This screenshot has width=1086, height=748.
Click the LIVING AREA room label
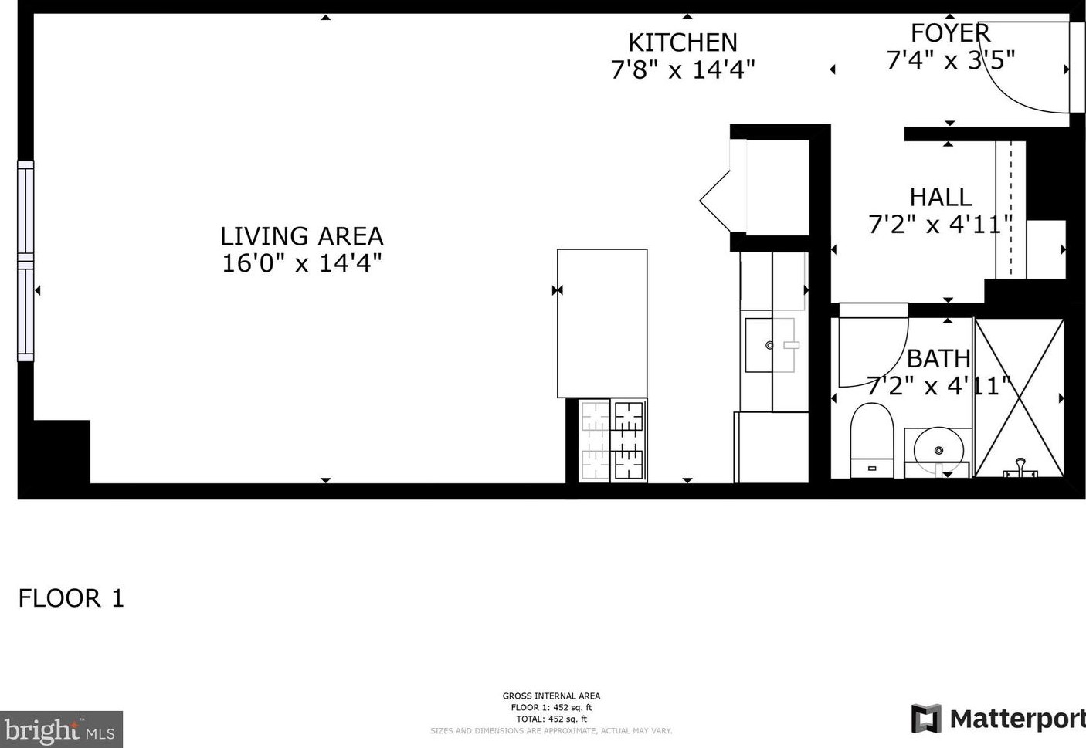click(301, 235)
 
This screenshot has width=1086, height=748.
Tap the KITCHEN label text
click(682, 42)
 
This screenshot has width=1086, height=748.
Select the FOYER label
click(950, 33)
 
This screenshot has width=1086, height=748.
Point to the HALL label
click(940, 197)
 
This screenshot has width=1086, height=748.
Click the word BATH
click(938, 358)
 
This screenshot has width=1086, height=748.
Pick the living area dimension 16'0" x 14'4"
click(301, 263)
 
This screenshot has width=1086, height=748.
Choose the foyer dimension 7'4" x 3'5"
click(950, 59)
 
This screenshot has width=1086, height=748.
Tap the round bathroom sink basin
click(938, 448)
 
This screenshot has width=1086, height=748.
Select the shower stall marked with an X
click(1019, 398)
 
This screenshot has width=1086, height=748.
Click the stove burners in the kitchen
click(613, 440)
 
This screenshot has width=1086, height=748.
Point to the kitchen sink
click(769, 345)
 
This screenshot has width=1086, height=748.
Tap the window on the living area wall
click(25, 261)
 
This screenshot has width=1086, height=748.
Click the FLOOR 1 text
click(71, 598)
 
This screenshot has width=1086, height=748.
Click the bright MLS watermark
click(61, 729)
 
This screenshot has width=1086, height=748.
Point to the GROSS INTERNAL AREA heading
click(551, 696)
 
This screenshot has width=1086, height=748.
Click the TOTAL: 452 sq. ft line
click(551, 719)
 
